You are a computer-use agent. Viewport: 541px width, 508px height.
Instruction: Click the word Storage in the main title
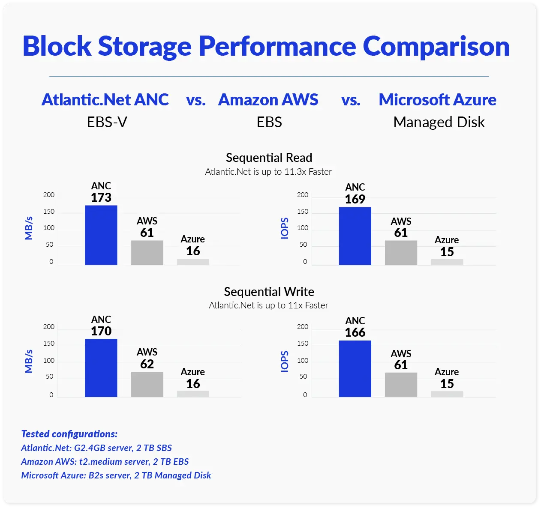pos(144,46)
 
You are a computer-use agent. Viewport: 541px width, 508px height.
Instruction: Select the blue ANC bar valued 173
pos(101,235)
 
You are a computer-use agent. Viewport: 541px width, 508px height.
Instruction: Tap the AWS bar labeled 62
pos(147,384)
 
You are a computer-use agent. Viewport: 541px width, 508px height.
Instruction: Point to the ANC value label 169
pos(355,199)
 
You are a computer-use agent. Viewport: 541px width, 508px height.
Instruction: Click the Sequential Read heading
pos(269,158)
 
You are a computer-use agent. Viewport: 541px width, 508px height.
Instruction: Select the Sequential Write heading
pos(269,292)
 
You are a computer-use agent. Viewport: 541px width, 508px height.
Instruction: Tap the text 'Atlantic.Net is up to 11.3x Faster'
pos(268,172)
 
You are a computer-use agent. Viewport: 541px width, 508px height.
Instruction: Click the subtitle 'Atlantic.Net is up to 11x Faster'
pos(268,305)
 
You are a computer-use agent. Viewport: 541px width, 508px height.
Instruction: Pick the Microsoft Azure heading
pos(437,100)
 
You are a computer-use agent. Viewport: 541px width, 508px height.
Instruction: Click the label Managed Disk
pos(439,123)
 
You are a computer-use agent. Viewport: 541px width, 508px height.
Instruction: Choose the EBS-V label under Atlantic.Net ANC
pos(107,123)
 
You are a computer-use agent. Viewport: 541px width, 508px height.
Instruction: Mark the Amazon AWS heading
pos(268,100)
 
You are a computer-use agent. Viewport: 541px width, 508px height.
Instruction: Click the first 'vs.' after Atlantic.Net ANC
pos(195,100)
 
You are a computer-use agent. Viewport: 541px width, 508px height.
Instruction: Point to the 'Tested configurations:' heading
pos(69,434)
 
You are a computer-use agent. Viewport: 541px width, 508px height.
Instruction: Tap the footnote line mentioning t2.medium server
pos(105,462)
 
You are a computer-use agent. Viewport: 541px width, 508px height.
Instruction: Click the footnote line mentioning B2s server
pos(116,475)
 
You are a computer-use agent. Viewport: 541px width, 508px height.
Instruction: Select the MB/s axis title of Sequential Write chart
pos(29,361)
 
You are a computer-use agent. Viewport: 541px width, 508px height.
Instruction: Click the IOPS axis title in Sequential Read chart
pos(285,228)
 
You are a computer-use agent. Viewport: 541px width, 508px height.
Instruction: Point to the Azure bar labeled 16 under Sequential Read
pos(193,262)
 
